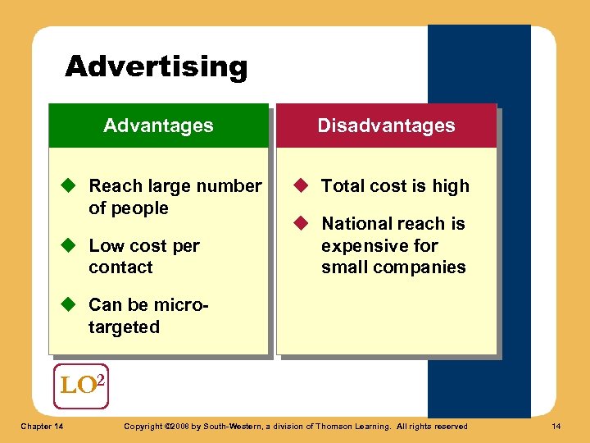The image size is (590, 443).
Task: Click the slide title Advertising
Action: click(156, 66)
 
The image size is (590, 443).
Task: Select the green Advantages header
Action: click(158, 126)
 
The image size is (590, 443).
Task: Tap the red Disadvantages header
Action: click(386, 126)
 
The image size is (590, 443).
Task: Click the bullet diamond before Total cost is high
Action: click(301, 186)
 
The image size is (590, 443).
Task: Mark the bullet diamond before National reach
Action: click(301, 223)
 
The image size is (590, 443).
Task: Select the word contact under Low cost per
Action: click(120, 267)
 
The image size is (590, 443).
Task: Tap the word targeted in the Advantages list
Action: click(124, 327)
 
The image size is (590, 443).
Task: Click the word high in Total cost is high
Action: click(451, 186)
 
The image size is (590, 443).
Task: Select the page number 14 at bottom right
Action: click(557, 426)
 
